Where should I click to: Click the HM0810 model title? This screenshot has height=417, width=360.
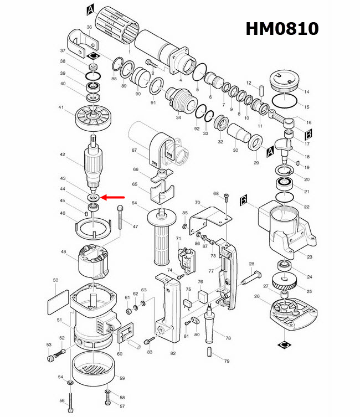(x=282, y=28)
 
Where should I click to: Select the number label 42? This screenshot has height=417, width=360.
(x=63, y=155)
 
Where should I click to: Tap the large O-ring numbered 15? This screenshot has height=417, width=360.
(x=286, y=102)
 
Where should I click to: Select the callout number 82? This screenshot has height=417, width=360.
(x=173, y=353)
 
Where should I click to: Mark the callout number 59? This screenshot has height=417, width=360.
(x=122, y=379)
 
